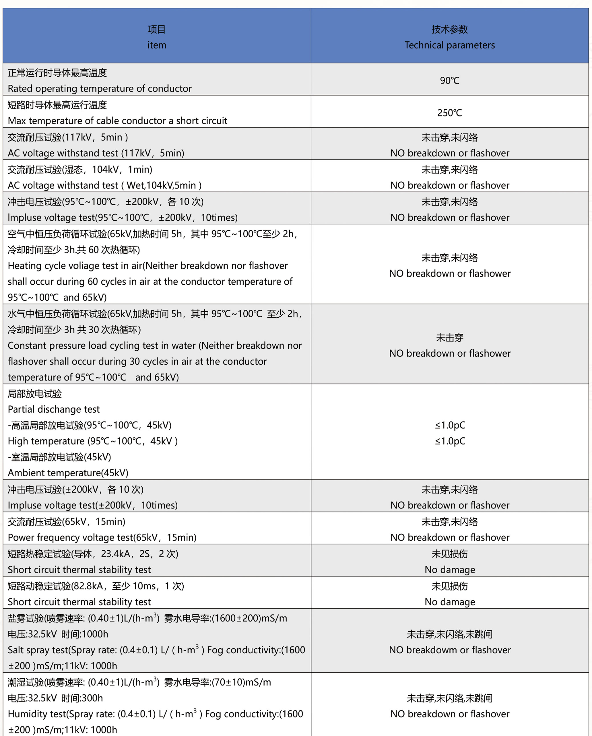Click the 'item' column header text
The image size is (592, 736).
157,45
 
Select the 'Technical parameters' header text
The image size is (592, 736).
449,45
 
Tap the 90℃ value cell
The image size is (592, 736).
449,81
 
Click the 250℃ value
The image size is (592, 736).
449,113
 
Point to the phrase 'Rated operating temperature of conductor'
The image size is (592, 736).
100,88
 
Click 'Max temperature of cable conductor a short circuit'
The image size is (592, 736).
117,121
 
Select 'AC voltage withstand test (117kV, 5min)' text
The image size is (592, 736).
96,153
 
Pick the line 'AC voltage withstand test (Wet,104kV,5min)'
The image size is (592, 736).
104,185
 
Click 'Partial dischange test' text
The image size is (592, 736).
54,409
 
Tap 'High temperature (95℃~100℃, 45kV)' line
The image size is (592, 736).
92,441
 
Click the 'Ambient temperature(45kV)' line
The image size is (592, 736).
68,473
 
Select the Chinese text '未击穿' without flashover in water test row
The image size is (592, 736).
449,338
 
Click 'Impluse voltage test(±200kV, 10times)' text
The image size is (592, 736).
92,505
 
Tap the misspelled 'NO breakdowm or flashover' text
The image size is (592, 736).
450,650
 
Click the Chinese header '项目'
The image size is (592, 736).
157,29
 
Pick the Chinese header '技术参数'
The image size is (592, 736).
449,29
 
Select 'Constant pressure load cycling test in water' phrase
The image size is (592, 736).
102,345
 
